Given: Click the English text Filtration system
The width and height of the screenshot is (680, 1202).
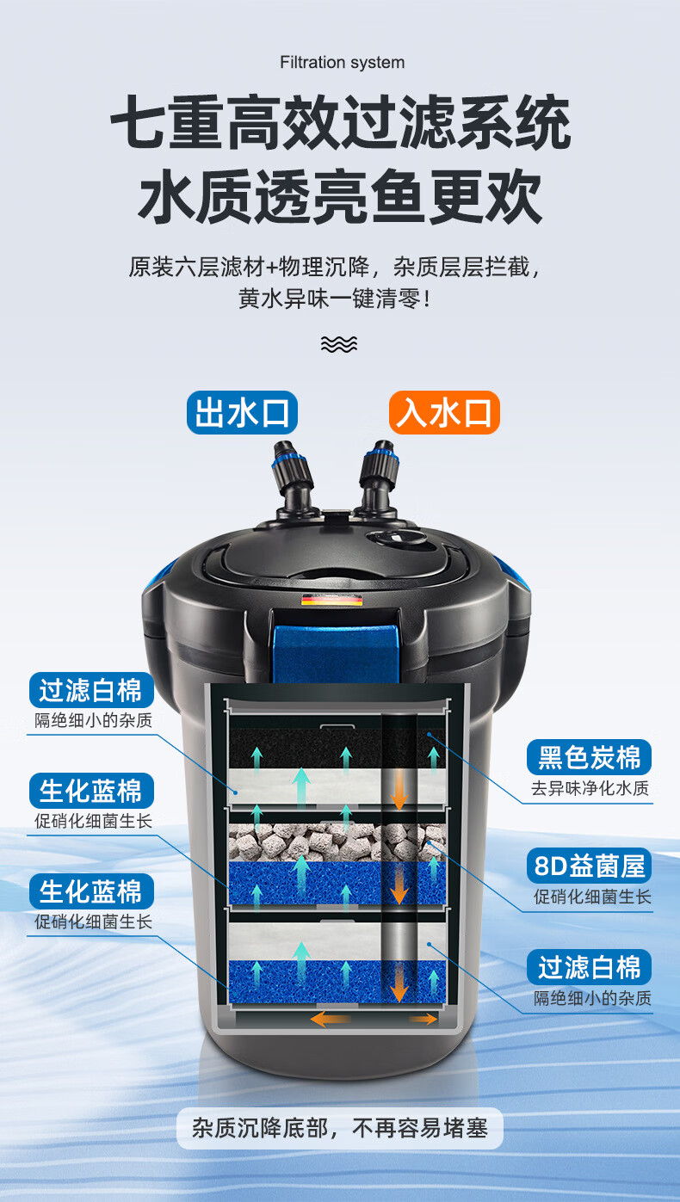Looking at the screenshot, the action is pyautogui.click(x=342, y=63).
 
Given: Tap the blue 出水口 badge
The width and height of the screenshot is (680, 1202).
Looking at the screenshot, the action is pyautogui.click(x=242, y=413).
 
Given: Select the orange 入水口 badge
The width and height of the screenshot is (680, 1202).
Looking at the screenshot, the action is pyautogui.click(x=444, y=413).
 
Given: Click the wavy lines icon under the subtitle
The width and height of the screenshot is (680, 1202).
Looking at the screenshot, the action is pyautogui.click(x=339, y=344).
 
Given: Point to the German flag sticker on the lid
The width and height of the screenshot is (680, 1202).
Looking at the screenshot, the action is pyautogui.click(x=331, y=600).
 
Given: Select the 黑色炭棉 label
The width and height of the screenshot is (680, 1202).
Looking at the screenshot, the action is pyautogui.click(x=590, y=757).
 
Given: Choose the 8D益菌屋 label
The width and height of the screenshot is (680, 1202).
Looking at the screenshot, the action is pyautogui.click(x=590, y=866).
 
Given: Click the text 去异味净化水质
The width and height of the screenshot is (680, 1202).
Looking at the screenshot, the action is pyautogui.click(x=590, y=788).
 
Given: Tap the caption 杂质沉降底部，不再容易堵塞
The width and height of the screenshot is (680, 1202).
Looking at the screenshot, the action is pyautogui.click(x=340, y=1128).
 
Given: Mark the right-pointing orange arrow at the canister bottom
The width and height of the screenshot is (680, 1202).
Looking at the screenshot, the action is pyautogui.click(x=424, y=1019).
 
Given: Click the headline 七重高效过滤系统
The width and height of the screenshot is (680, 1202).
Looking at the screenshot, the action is pyautogui.click(x=341, y=122).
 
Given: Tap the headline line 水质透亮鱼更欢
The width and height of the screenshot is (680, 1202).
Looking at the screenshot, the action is pyautogui.click(x=340, y=196).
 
